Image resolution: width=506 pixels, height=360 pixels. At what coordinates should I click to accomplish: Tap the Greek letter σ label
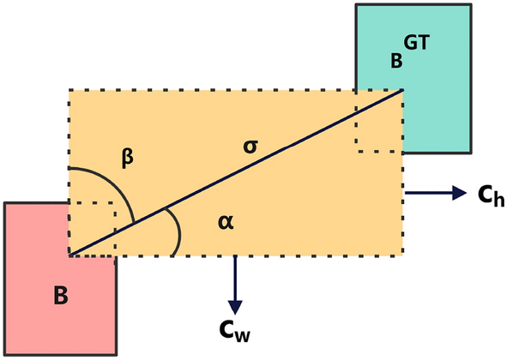(250, 145)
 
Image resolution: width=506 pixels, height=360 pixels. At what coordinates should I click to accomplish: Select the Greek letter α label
(226, 223)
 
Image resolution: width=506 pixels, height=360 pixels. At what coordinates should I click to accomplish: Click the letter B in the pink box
(60, 297)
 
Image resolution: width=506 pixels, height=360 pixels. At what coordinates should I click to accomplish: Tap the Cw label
(236, 329)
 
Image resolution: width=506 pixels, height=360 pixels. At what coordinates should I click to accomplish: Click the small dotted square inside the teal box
(379, 129)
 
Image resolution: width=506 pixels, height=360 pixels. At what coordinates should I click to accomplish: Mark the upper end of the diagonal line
(402, 89)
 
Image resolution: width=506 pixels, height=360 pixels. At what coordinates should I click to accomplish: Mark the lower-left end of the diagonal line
(69, 255)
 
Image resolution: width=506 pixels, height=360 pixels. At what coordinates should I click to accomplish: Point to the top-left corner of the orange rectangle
(69, 89)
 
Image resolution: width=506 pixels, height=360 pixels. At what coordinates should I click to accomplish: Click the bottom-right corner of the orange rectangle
(402, 255)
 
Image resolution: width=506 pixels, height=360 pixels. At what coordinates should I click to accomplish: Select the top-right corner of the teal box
(471, 5)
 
